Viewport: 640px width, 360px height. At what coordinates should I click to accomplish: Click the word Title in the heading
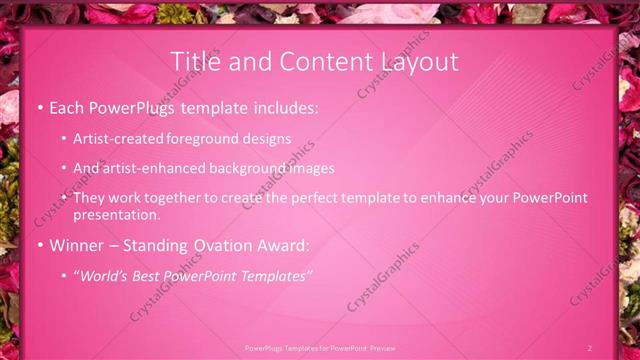tap(196, 62)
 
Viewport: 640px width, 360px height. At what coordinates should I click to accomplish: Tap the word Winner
tap(77, 245)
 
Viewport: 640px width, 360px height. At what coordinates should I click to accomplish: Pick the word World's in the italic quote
tap(103, 275)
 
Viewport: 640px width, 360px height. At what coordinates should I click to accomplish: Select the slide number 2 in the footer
tap(589, 348)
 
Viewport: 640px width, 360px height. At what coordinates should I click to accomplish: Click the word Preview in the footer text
tap(382, 348)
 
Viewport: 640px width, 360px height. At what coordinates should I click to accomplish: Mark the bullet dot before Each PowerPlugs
tap(39, 107)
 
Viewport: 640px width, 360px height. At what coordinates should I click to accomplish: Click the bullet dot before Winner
tap(39, 245)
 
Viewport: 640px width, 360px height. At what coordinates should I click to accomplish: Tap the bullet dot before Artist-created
tap(64, 140)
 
